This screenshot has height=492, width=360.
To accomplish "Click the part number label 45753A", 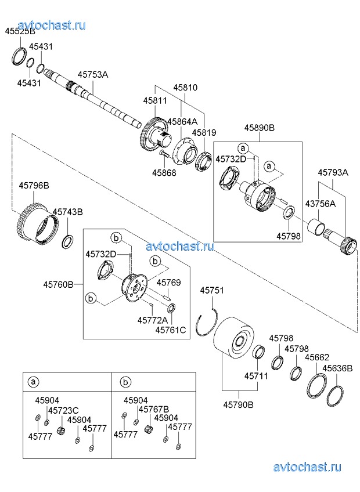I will click(x=93, y=75).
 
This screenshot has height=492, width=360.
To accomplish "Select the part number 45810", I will click(x=185, y=88).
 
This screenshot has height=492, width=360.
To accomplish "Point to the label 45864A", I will click(x=182, y=121).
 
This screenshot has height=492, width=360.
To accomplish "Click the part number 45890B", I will click(x=259, y=127).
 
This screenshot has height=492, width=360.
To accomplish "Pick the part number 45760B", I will click(x=58, y=284).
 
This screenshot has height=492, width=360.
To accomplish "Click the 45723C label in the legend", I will click(x=63, y=410).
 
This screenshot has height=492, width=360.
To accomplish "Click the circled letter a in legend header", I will click(x=34, y=382).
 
